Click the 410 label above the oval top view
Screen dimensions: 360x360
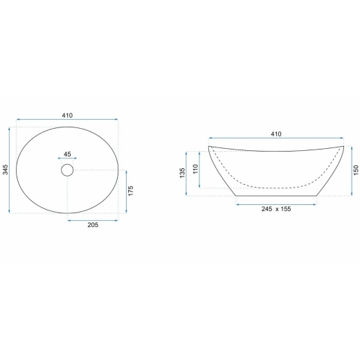point(67,115)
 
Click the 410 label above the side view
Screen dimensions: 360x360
point(276,134)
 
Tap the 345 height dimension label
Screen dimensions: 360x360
point(6,170)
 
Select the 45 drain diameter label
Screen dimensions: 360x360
point(67,154)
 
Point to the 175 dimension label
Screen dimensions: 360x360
point(131,191)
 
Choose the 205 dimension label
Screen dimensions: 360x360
point(93,225)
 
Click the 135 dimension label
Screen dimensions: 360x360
point(182,173)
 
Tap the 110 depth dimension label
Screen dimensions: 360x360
point(195,169)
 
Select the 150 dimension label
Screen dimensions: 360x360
point(356,170)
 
